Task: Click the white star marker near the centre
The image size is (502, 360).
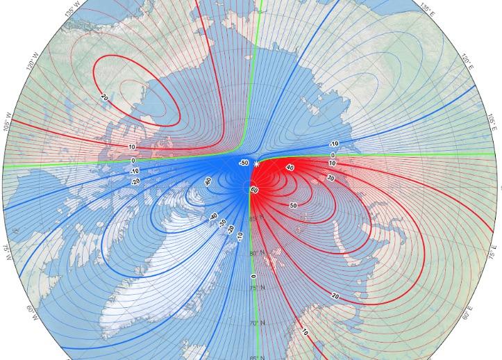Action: [x=256, y=164]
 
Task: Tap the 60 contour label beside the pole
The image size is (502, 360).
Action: [x=254, y=190]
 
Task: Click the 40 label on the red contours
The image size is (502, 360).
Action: [x=290, y=168]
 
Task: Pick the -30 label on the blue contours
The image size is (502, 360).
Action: [x=222, y=224]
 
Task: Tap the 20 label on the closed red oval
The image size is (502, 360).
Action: [x=104, y=97]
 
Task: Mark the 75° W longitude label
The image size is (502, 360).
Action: [x=8, y=251]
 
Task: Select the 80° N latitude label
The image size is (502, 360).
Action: [x=256, y=253]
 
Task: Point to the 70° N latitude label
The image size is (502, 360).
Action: [x=256, y=323]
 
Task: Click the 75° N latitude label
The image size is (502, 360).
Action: [x=256, y=288]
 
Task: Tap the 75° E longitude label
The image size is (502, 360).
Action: [x=494, y=252]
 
